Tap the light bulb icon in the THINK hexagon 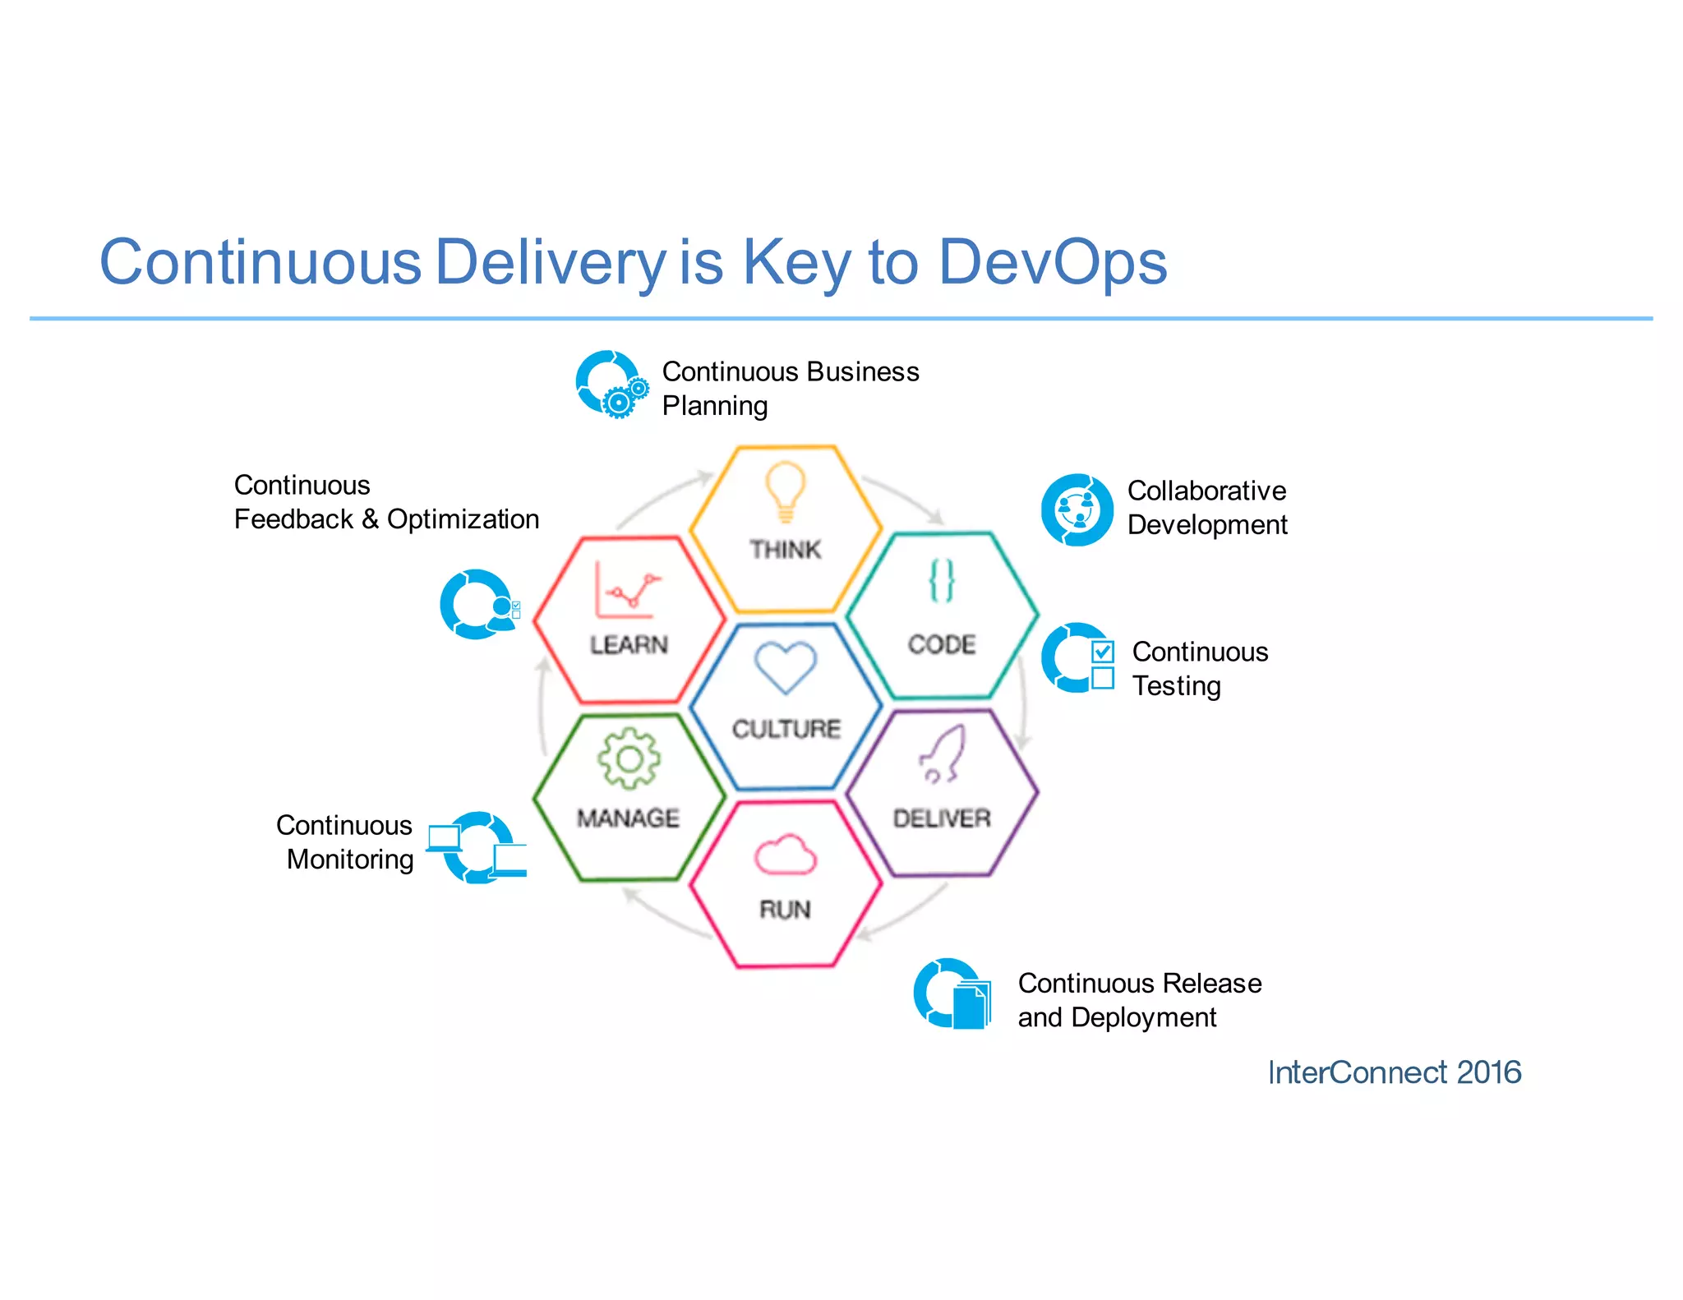[x=785, y=491]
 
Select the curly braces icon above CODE [x=942, y=580]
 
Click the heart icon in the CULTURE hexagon [x=786, y=666]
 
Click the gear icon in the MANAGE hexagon [x=629, y=758]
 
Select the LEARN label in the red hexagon [x=629, y=645]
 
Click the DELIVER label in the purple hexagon [x=942, y=818]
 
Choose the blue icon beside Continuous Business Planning [x=611, y=385]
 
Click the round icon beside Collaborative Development [x=1077, y=509]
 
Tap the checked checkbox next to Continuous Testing [x=1103, y=652]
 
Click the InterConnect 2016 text [x=1394, y=1072]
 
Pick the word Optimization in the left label [x=463, y=519]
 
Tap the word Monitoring [x=350, y=860]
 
